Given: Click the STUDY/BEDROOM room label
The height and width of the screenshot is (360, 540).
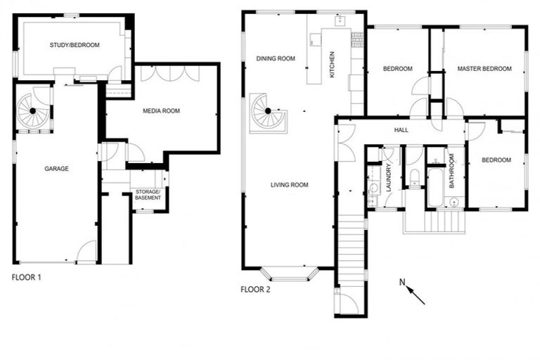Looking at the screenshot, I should pos(75,45).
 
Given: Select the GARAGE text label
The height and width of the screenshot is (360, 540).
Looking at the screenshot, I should pos(56,169).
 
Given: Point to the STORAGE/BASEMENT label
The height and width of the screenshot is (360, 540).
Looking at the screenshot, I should pos(148,195).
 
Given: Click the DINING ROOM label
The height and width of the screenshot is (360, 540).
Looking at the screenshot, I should pos(275,58).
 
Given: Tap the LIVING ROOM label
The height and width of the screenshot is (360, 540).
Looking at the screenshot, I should pos(290,185).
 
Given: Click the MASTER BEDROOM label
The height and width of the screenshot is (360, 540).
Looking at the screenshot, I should pos(484,69).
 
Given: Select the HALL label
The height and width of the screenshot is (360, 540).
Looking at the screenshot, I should pos(401,130).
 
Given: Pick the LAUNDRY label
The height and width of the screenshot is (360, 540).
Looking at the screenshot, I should pos(388,178).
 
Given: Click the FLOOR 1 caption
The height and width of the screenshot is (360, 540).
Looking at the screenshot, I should pos(27,277).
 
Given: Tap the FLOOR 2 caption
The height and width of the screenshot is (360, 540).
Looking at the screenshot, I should pos(255,289).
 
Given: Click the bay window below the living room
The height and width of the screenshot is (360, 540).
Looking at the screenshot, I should pos(290,273).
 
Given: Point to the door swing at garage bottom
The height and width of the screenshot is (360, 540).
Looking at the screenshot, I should pos(86,252).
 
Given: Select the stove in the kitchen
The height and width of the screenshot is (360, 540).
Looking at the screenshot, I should pos(356,40).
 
